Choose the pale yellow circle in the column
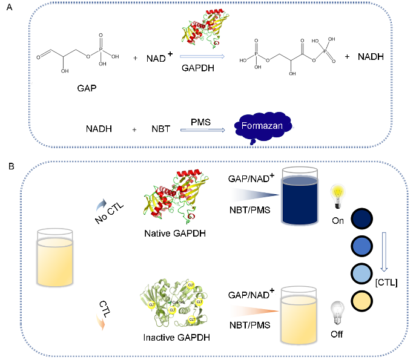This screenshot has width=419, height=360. (362, 300)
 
